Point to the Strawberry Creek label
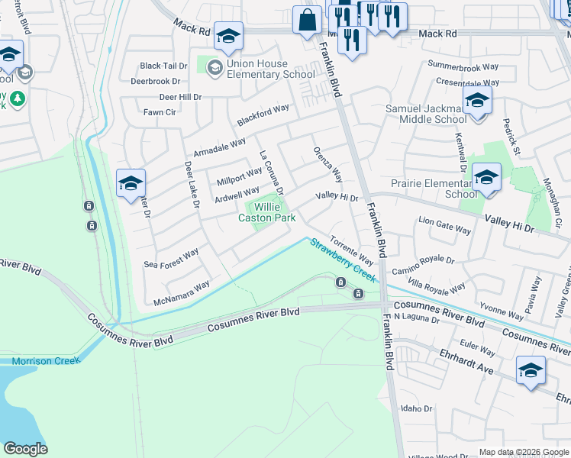[342, 260]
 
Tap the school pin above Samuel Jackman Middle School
[477, 101]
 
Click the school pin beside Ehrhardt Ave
[531, 371]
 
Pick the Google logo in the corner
[25, 449]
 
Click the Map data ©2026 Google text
[524, 452]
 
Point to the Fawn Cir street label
[160, 112]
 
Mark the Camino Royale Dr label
[423, 266]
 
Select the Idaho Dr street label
[417, 408]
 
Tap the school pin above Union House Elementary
[227, 36]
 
